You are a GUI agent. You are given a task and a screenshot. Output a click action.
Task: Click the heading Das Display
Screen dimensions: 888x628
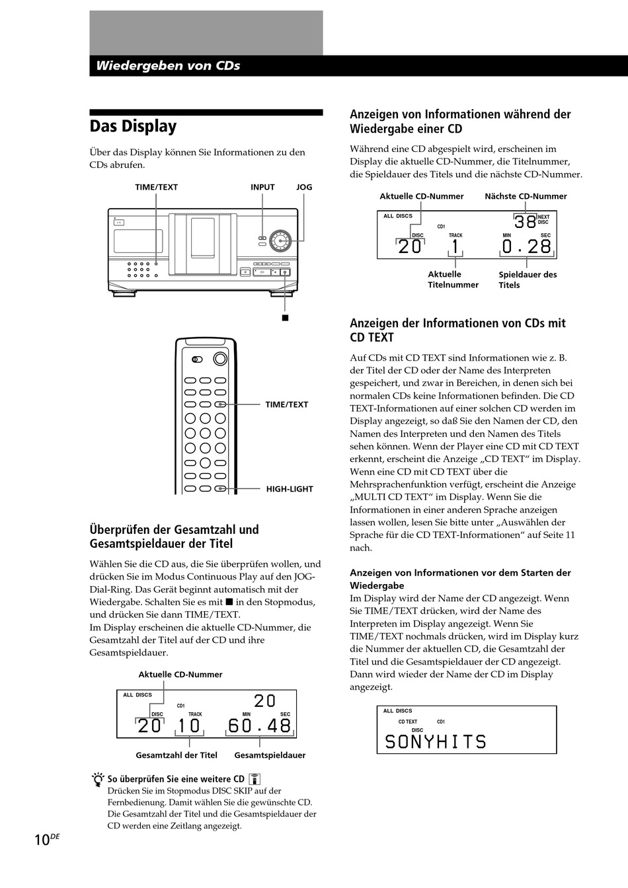[x=133, y=126]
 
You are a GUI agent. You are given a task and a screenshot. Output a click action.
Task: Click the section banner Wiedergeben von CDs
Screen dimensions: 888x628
[x=168, y=66]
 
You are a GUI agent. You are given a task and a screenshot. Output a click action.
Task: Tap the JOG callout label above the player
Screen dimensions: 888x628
[x=304, y=187]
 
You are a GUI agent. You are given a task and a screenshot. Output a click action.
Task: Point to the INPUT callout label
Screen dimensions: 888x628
[x=262, y=187]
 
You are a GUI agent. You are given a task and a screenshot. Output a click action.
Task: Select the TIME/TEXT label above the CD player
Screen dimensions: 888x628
[x=157, y=187]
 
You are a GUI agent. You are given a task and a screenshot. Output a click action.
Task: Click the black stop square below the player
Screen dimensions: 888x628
[x=285, y=318]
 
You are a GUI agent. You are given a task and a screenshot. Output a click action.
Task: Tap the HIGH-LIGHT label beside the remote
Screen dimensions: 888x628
[x=290, y=489]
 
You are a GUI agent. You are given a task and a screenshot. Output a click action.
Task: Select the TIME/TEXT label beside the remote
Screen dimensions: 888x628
[x=286, y=404]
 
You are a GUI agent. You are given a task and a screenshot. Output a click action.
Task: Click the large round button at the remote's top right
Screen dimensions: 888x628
[x=220, y=359]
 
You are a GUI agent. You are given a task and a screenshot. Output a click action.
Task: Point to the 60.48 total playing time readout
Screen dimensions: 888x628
[x=260, y=726]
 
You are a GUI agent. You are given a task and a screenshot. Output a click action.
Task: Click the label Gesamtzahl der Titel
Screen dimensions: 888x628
[x=177, y=755]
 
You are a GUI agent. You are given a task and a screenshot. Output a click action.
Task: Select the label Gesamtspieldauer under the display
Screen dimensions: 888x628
[x=270, y=755]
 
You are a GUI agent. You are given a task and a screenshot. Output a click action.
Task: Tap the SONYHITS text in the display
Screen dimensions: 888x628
[x=435, y=742]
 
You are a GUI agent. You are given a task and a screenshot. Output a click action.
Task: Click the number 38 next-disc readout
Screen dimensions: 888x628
[x=526, y=222]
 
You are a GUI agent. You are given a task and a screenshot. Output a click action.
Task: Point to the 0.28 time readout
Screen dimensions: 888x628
[x=526, y=247]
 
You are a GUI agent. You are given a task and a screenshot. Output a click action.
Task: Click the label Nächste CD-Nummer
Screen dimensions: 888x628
[x=526, y=196]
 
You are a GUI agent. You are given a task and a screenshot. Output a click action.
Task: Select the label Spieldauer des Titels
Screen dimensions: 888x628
[x=528, y=279]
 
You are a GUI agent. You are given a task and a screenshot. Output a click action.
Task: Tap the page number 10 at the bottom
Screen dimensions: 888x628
[x=42, y=840]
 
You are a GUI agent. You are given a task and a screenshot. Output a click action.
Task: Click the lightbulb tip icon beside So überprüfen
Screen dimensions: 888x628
[x=98, y=780]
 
